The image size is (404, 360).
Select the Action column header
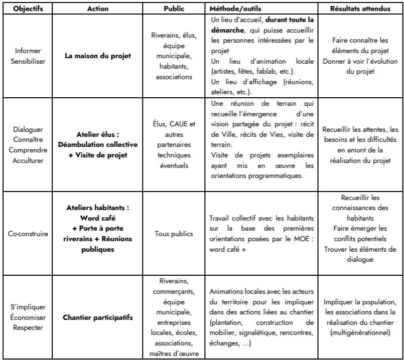coord(97,9)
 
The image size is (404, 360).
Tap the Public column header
coord(174,9)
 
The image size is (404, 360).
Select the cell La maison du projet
coord(98,56)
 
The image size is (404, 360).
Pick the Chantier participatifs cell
coord(98,317)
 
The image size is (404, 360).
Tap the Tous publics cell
coord(174,233)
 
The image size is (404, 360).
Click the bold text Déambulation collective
coord(98,145)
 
